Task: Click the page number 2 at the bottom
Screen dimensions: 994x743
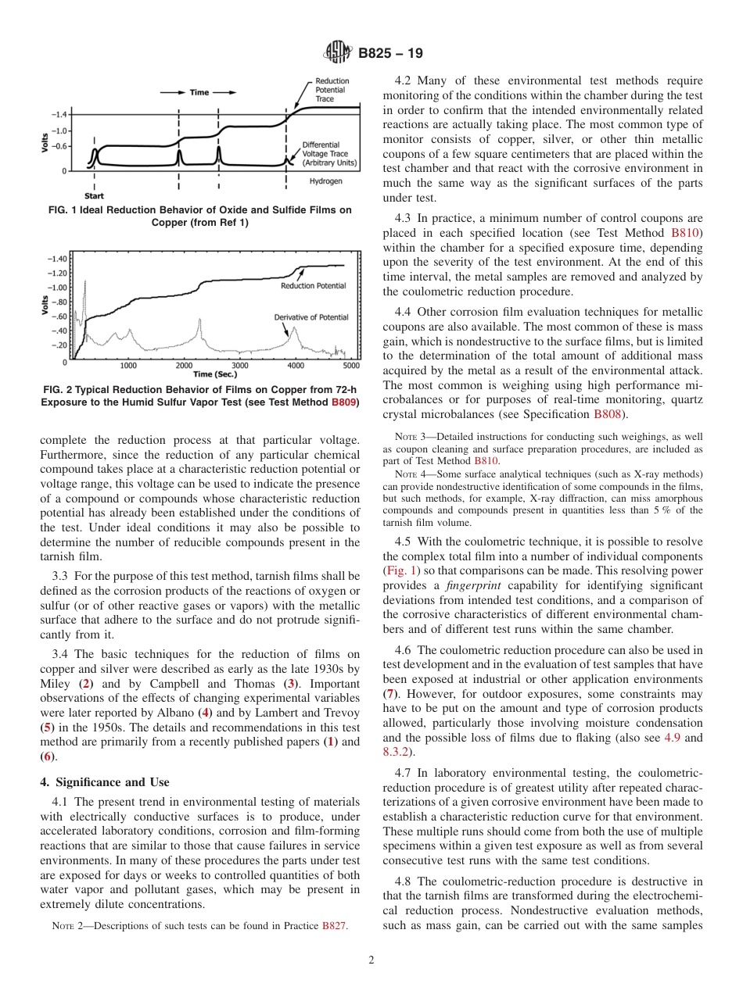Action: pyautogui.click(x=371, y=960)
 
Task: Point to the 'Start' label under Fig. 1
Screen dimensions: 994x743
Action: pyautogui.click(x=94, y=196)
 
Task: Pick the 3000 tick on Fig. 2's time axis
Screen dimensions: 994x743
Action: pyautogui.click(x=239, y=365)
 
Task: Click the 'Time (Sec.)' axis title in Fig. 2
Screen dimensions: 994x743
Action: pyautogui.click(x=214, y=374)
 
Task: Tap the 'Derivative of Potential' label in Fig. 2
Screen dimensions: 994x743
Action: pyautogui.click(x=311, y=317)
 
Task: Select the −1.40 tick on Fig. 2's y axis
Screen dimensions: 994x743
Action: pyautogui.click(x=56, y=258)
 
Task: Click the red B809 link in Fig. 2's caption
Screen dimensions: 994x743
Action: pyautogui.click(x=344, y=402)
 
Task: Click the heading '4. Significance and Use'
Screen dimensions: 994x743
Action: pyautogui.click(x=104, y=782)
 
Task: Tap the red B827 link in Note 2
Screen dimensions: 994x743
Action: pyautogui.click(x=335, y=926)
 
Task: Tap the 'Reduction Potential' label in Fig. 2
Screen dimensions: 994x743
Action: pyautogui.click(x=313, y=286)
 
